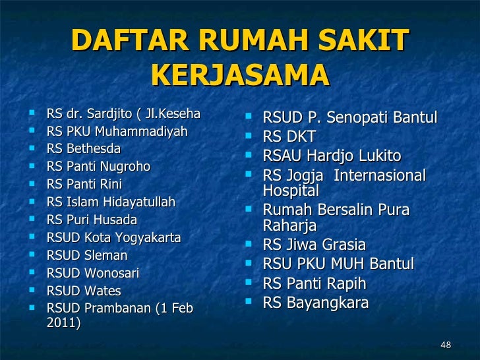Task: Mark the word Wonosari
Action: [113, 272]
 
